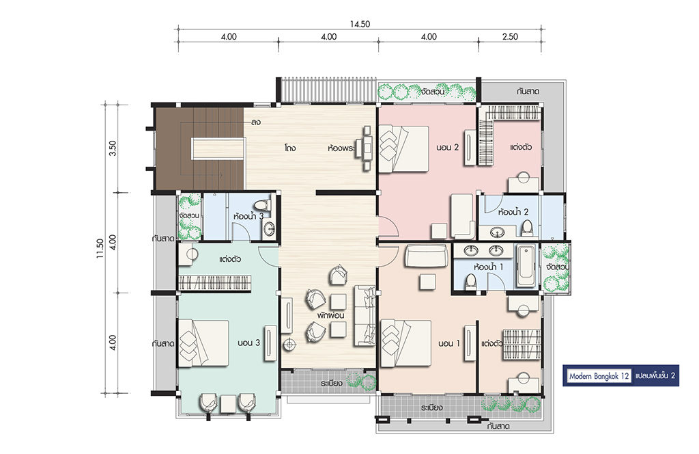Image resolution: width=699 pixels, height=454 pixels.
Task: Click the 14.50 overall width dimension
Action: click(x=360, y=24)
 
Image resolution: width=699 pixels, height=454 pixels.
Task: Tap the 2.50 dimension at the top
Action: click(x=510, y=37)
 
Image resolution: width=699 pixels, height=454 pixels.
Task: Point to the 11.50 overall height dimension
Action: click(x=99, y=249)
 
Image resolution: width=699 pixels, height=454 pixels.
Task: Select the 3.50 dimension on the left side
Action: click(x=113, y=148)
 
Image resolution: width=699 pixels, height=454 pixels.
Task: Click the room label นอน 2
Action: click(x=448, y=147)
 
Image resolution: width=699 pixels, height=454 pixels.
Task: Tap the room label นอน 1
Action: click(x=449, y=343)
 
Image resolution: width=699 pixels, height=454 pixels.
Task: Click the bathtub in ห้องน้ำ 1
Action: click(x=526, y=267)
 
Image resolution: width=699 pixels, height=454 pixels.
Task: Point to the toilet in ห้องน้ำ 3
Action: click(x=267, y=205)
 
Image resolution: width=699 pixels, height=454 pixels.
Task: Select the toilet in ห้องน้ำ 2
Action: click(x=527, y=228)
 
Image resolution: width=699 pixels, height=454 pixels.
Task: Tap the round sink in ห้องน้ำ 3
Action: click(x=268, y=230)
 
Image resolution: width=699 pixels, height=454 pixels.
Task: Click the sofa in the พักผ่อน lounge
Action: click(x=365, y=316)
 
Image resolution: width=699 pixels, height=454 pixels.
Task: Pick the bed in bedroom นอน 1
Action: click(x=405, y=343)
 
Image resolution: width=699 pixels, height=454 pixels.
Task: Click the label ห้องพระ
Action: click(x=341, y=148)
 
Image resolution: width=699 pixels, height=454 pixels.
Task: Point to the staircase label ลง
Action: click(x=255, y=122)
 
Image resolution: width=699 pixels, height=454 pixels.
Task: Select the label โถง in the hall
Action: click(x=290, y=148)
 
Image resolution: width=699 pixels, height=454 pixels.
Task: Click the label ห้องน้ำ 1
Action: click(x=489, y=267)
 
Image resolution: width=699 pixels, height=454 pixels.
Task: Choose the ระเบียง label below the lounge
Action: click(x=331, y=384)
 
